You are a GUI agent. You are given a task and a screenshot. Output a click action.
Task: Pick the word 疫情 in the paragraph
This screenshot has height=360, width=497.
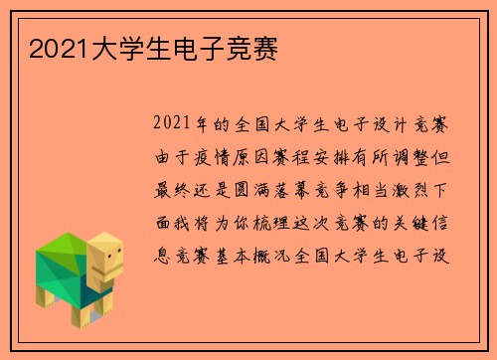206,154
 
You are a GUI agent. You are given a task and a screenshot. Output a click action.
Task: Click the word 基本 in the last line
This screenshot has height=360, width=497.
224,242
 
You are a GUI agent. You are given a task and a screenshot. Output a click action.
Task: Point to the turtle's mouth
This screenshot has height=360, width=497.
112,270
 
